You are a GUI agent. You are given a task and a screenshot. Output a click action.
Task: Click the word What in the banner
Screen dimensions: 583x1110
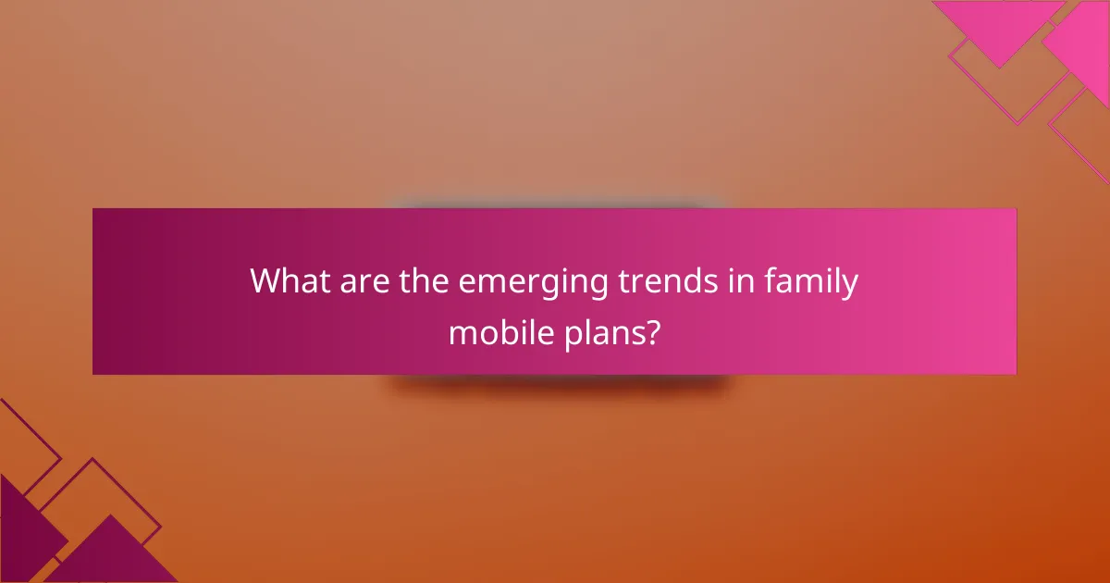(288, 281)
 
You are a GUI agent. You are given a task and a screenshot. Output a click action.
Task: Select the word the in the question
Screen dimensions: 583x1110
(422, 281)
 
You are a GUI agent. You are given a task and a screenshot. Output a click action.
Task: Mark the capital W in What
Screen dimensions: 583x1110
(266, 281)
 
